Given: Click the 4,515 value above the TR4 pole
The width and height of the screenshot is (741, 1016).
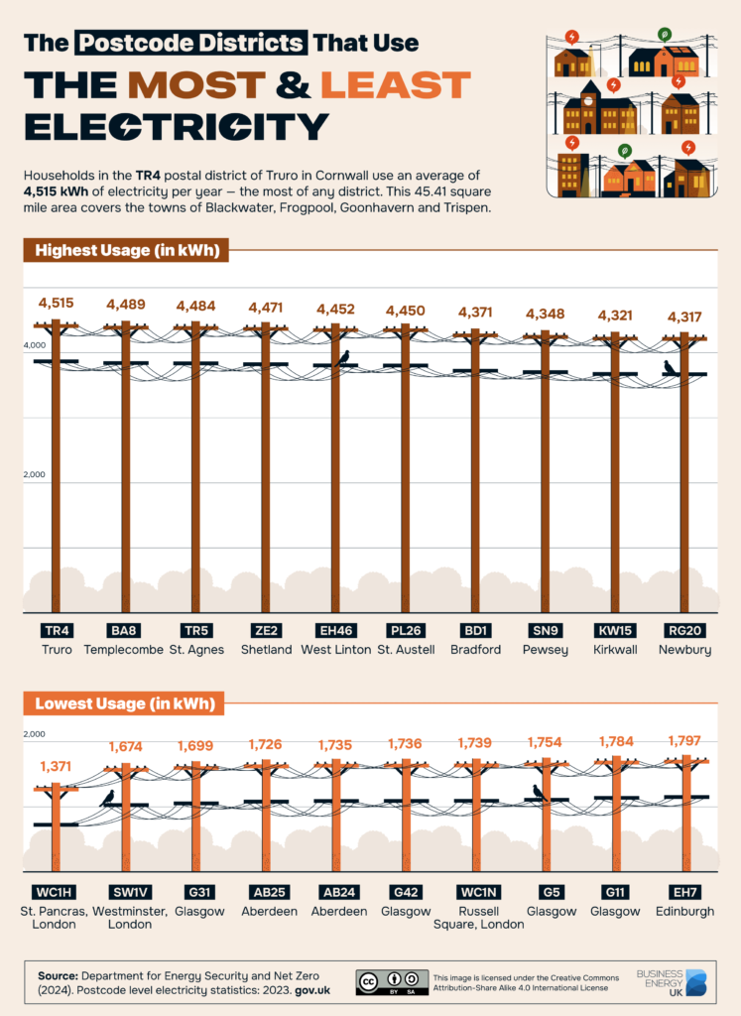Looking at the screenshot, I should (x=56, y=303).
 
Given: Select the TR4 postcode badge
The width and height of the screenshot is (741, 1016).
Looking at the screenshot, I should (x=56, y=630).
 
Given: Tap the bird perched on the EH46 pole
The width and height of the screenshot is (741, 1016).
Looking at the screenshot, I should (x=344, y=357).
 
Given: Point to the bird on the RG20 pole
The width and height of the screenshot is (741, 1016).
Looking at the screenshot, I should (x=670, y=368).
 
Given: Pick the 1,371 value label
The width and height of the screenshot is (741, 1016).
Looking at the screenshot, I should (x=56, y=766).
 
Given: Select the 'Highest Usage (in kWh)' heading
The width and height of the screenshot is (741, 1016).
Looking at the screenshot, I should (x=126, y=250).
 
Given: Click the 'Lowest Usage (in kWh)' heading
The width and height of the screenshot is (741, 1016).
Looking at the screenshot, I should (x=124, y=704).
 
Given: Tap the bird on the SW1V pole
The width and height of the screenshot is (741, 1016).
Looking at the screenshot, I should (x=107, y=797).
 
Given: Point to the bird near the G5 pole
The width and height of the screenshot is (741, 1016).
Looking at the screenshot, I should (x=539, y=792).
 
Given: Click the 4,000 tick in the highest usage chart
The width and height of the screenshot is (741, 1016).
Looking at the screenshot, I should (x=36, y=345).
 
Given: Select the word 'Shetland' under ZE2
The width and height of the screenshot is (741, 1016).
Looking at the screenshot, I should (x=265, y=650).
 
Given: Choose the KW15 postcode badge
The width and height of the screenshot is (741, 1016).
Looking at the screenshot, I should (x=615, y=630).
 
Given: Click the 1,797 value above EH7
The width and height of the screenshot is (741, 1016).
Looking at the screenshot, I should (x=684, y=740).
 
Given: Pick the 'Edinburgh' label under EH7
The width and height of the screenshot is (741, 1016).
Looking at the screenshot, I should (x=684, y=911).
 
